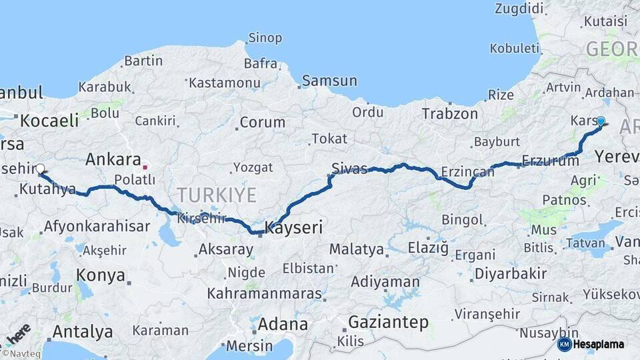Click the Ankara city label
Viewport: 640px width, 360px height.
[x=113, y=160]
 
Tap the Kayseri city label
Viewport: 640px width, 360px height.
[x=294, y=228]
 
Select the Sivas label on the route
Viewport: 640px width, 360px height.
[x=350, y=168]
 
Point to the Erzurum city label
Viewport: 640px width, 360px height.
[x=551, y=161]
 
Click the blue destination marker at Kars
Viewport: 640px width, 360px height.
[x=601, y=121]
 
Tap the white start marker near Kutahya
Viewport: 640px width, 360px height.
[x=40, y=169]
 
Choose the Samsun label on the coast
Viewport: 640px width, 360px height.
[x=329, y=81]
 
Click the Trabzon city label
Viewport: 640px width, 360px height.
[x=450, y=114]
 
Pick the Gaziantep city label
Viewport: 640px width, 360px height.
[x=389, y=323]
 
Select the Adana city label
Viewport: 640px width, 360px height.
[x=283, y=325]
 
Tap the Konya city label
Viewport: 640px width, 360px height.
[x=101, y=275]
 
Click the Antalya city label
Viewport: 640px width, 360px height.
[x=83, y=331]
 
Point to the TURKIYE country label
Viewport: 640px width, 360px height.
[x=216, y=195]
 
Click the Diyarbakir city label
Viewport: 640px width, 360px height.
[x=511, y=273]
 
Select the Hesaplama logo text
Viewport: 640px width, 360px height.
[x=599, y=344]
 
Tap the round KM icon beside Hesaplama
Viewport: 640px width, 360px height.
[x=564, y=344]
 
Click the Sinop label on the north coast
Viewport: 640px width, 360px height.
[x=265, y=38]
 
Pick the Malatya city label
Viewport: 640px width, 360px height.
[x=356, y=250]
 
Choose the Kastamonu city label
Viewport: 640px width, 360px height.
[x=224, y=83]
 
